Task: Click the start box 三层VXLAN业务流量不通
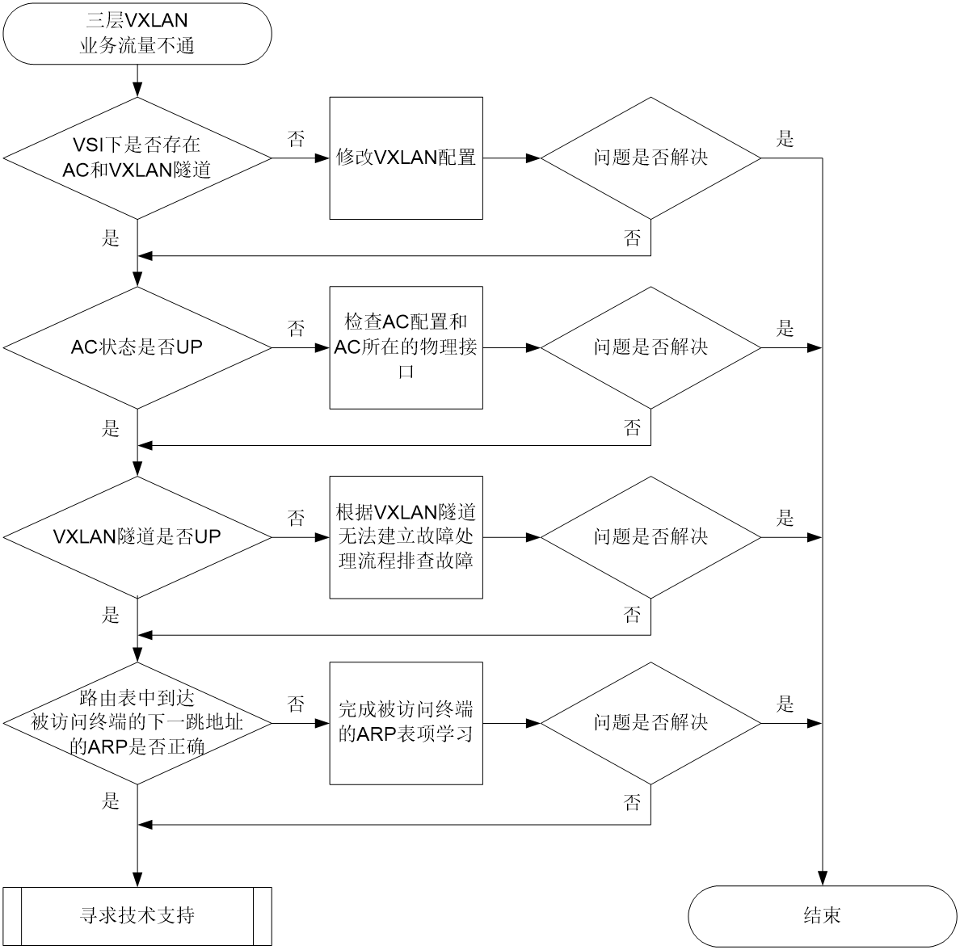click(137, 33)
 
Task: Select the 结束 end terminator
click(823, 916)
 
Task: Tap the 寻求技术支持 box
click(137, 916)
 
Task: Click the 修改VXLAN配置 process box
click(406, 158)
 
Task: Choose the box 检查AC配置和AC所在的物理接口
click(406, 347)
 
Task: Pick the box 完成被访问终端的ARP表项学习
click(406, 723)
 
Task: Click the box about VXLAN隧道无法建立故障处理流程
click(406, 537)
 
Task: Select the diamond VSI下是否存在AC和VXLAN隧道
click(137, 158)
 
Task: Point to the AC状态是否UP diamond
click(137, 347)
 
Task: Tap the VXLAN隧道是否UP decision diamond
click(137, 537)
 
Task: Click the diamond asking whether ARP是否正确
click(137, 723)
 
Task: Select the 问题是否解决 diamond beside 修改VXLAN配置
click(651, 158)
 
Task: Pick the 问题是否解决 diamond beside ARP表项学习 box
click(651, 723)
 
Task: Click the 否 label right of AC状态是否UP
click(297, 329)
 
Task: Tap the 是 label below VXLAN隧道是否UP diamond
click(111, 615)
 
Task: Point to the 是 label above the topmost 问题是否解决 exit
click(785, 139)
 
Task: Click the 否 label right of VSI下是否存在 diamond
click(297, 139)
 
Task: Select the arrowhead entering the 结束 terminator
click(823, 879)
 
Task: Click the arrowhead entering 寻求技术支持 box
click(137, 879)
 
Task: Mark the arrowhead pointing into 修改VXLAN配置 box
click(322, 158)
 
